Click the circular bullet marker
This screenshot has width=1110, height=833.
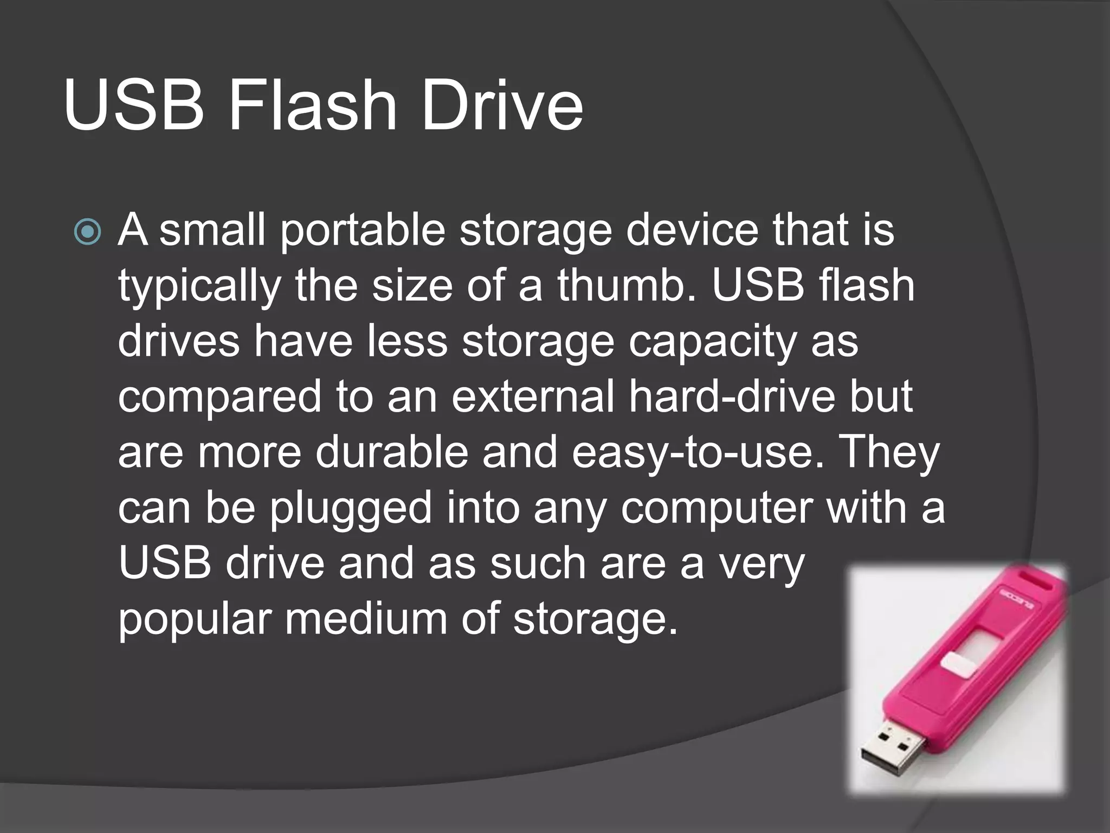[87, 232]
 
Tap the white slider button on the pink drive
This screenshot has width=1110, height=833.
[958, 664]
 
